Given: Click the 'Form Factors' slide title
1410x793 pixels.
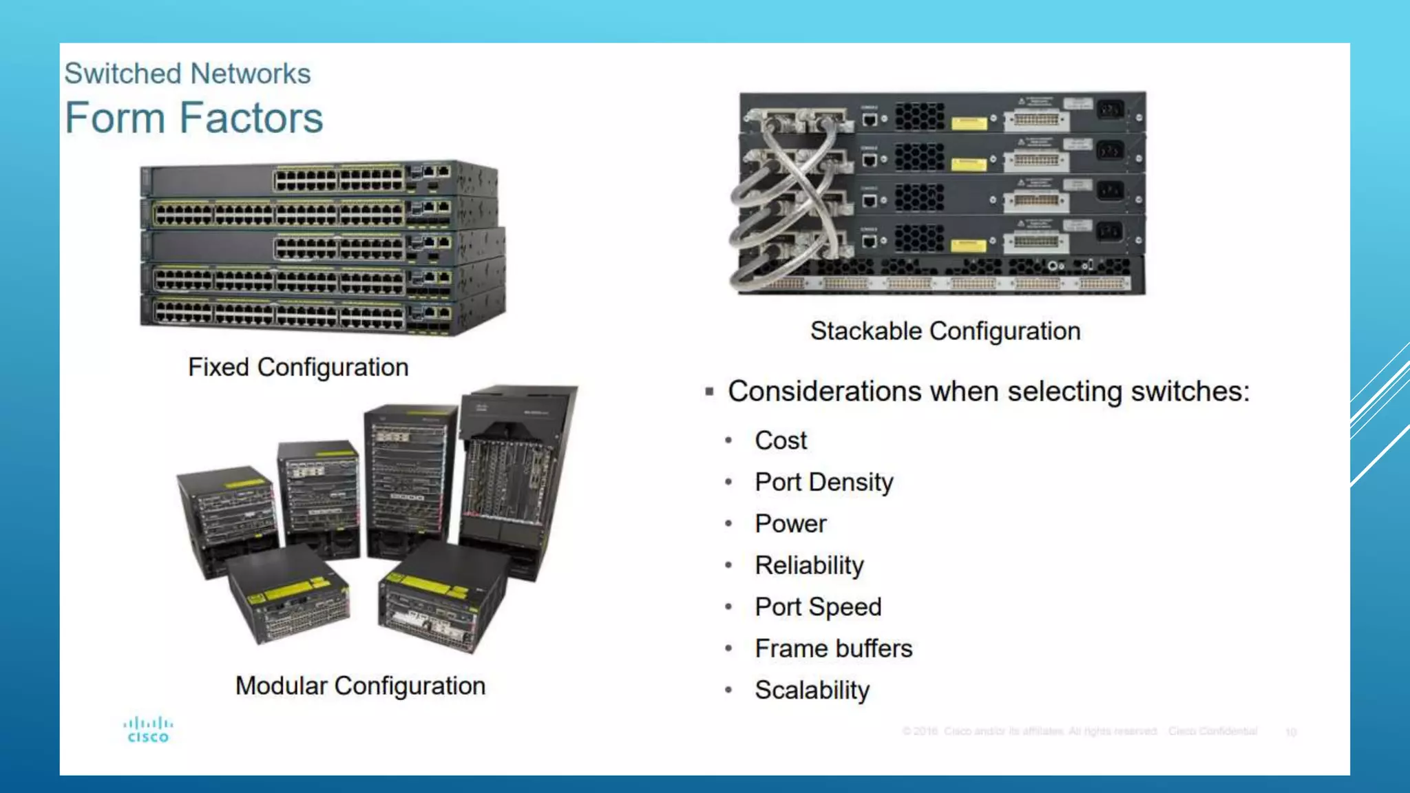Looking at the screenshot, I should (x=194, y=118).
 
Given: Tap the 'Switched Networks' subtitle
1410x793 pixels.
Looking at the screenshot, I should (x=187, y=74).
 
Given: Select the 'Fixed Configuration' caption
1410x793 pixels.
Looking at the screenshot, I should (x=298, y=367).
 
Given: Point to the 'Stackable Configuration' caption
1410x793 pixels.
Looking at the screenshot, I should (x=945, y=331).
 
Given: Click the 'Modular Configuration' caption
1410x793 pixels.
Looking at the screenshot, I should (x=360, y=686).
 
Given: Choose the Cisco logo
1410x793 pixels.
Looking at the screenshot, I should (x=148, y=730).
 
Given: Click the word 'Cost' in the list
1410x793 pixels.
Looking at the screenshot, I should (x=781, y=441).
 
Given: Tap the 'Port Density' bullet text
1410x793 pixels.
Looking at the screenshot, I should (x=823, y=483).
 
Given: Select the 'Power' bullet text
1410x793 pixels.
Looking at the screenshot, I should (x=790, y=524).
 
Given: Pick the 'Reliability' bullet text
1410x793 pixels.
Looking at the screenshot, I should (x=809, y=566).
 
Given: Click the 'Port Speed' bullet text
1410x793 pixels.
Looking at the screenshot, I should (x=818, y=607).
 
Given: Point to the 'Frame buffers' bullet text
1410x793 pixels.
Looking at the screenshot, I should (x=833, y=648).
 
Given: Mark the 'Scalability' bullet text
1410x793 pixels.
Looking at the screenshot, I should (x=812, y=690).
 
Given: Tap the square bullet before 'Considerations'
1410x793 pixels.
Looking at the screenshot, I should (x=709, y=392).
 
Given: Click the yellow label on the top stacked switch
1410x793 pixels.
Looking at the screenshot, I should (x=969, y=123).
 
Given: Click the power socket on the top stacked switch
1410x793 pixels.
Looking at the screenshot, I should (x=1109, y=109).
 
